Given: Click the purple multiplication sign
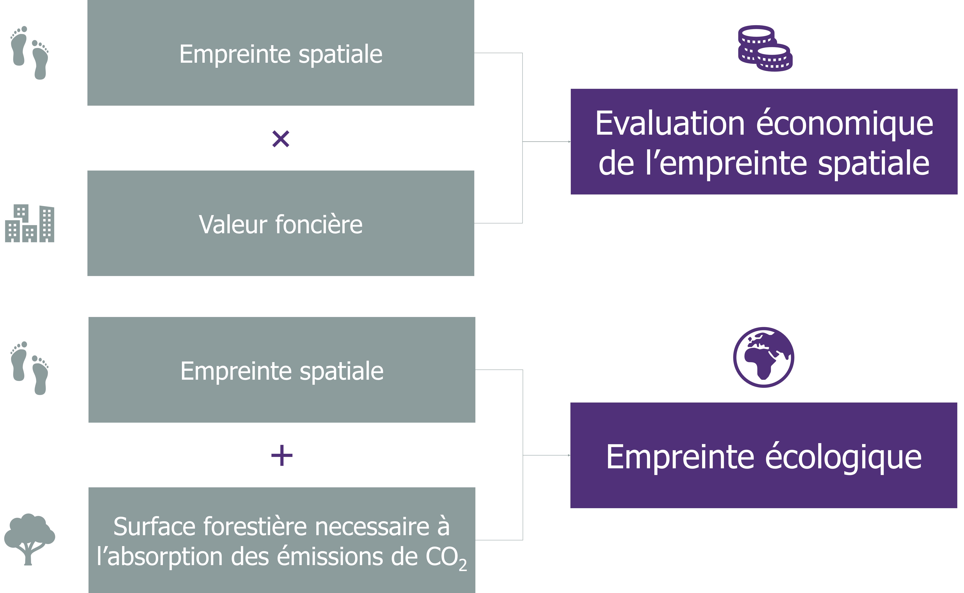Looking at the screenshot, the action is point(281,139).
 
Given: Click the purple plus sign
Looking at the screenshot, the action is point(282,455).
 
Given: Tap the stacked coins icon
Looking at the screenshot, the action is point(765,48).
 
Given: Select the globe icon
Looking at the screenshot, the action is point(764,357).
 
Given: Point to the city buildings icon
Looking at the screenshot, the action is point(29,223).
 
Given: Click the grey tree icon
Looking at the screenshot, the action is point(29,539).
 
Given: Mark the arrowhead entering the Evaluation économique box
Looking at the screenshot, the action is point(569,142).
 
